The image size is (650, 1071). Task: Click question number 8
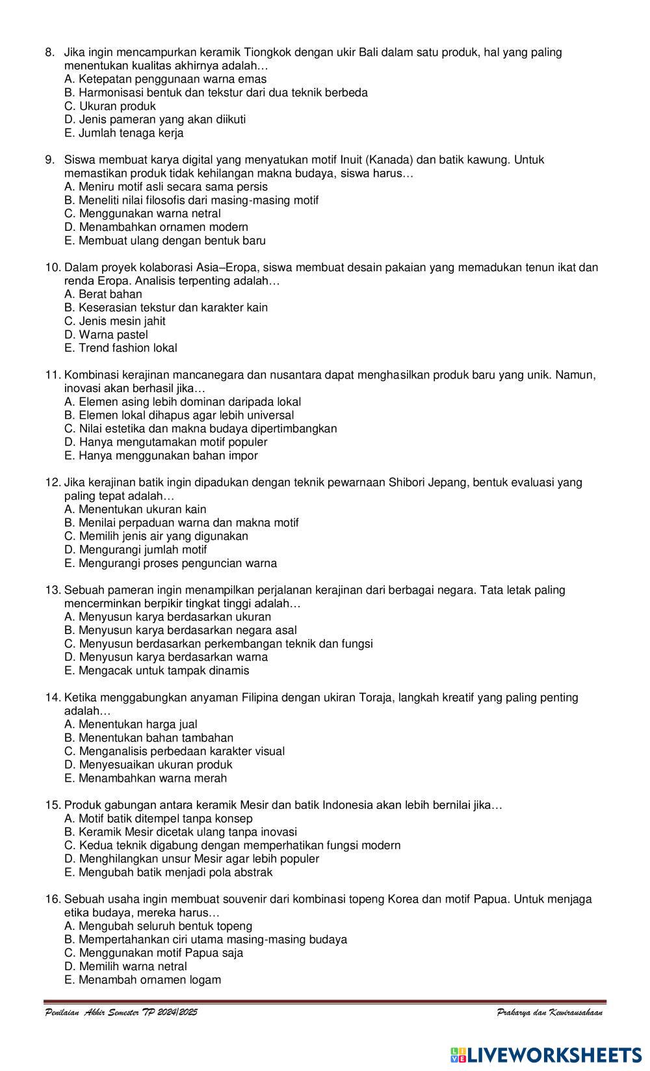pyautogui.click(x=49, y=52)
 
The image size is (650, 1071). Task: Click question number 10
pyautogui.click(x=53, y=267)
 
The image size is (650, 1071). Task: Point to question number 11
pyautogui.click(x=53, y=375)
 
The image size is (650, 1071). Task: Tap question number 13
pyautogui.click(x=53, y=590)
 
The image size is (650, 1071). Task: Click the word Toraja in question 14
pyautogui.click(x=375, y=698)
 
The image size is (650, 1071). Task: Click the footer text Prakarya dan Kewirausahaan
pyautogui.click(x=549, y=1012)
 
